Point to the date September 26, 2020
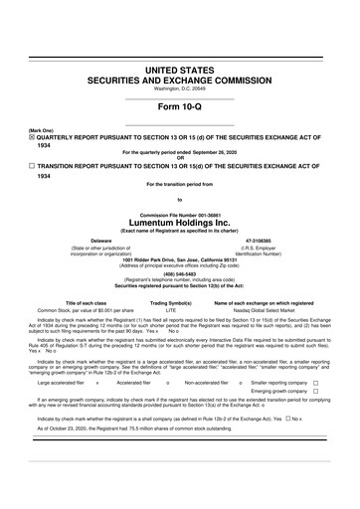tap(209, 151)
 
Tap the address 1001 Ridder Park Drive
tap(179, 232)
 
